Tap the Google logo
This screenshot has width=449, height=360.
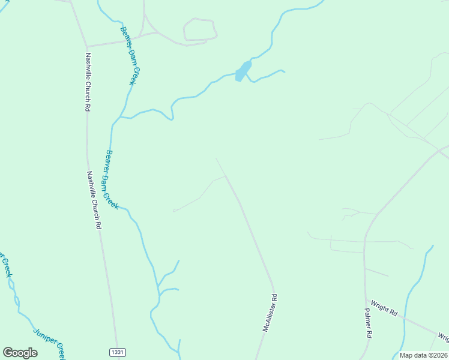(20, 353)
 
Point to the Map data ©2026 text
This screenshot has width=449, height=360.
(423, 355)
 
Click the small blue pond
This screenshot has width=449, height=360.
(243, 71)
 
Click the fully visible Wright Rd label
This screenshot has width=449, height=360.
(384, 308)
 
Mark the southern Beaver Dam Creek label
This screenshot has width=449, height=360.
(112, 179)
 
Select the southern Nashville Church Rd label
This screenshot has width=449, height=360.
(94, 201)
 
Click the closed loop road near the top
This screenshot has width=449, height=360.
(200, 29)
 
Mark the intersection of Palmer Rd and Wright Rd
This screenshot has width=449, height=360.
(366, 300)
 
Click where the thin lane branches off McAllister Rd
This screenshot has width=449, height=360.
(226, 176)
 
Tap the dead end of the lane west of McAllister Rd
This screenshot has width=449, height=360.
(173, 211)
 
